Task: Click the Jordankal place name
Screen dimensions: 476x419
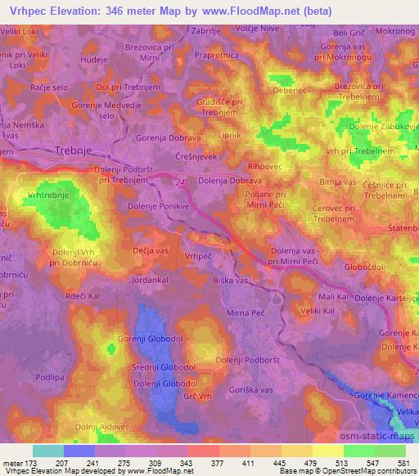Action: [x=153, y=279]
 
